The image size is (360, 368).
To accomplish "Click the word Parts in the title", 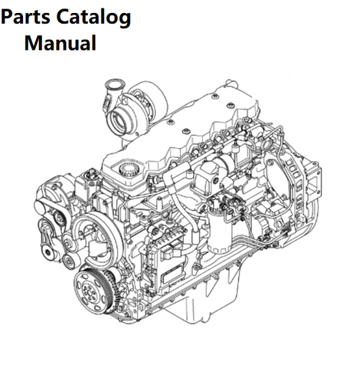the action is tap(25, 17).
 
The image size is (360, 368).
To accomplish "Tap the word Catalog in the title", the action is tap(93, 18).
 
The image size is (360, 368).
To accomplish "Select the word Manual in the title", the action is tap(61, 43).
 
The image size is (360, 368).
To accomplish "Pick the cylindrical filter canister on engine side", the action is tap(220, 230).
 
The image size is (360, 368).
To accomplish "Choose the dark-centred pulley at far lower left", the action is tap(47, 252).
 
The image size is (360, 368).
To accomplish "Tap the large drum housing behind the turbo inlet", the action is tap(148, 98).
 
